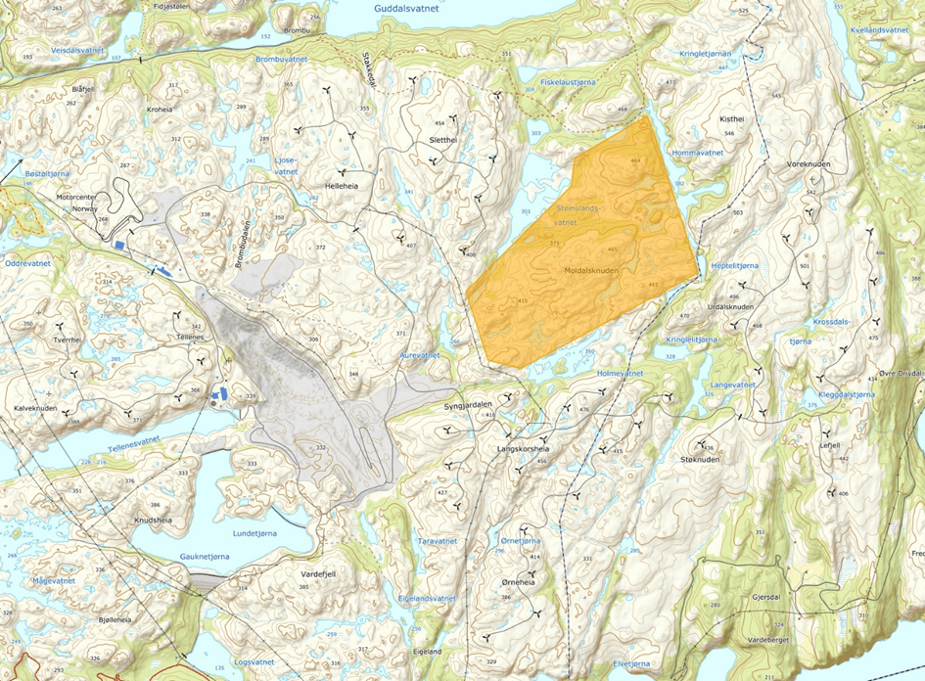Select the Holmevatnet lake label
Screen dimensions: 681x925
coord(621,373)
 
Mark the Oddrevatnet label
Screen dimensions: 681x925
coord(27,263)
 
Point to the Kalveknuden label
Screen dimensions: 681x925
coord(35,409)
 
